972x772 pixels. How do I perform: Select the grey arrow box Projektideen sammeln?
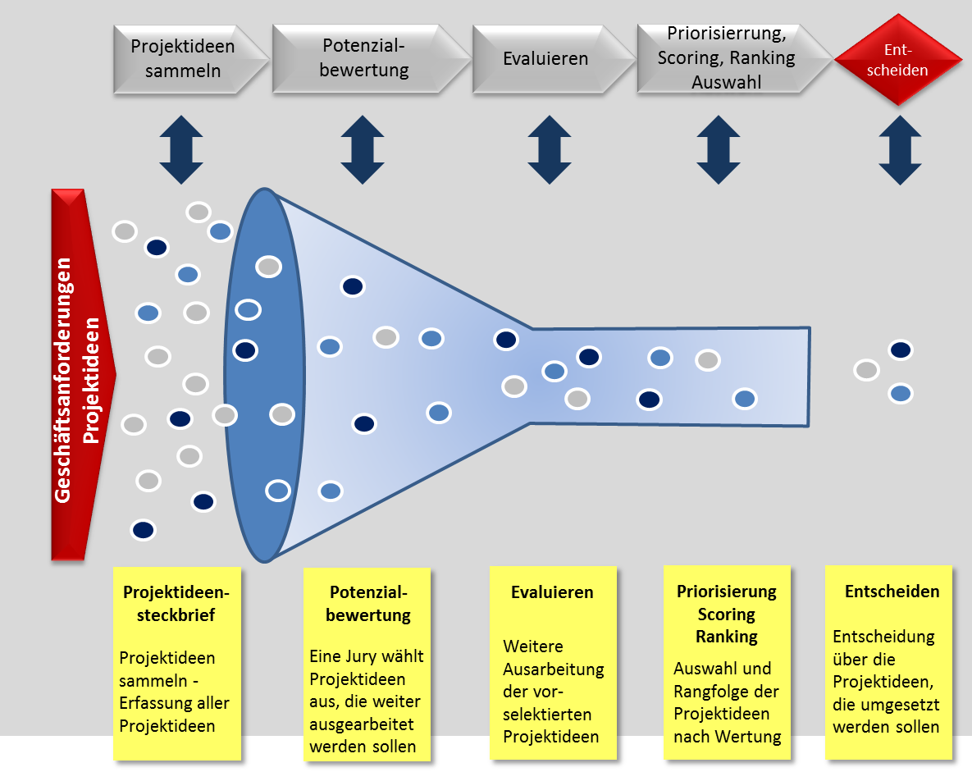(x=184, y=58)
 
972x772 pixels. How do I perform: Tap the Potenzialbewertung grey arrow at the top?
(x=365, y=58)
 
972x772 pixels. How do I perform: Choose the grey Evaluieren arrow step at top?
(x=546, y=59)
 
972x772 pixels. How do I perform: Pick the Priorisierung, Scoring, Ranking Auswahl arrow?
(x=727, y=58)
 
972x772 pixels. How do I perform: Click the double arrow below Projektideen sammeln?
(x=181, y=149)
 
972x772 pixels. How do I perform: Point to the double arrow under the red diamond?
(x=900, y=149)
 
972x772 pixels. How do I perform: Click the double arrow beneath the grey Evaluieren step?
(x=549, y=149)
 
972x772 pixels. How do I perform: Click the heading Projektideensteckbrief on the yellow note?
(x=176, y=603)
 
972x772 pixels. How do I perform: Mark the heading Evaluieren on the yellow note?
(x=552, y=592)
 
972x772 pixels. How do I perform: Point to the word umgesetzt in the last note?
(x=905, y=704)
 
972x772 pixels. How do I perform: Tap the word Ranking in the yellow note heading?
(x=727, y=636)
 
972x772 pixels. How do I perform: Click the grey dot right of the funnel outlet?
(x=866, y=370)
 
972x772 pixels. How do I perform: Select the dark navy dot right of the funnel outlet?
(x=901, y=350)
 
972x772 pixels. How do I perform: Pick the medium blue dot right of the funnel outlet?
(x=901, y=394)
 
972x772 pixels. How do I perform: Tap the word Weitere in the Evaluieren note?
(x=533, y=646)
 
